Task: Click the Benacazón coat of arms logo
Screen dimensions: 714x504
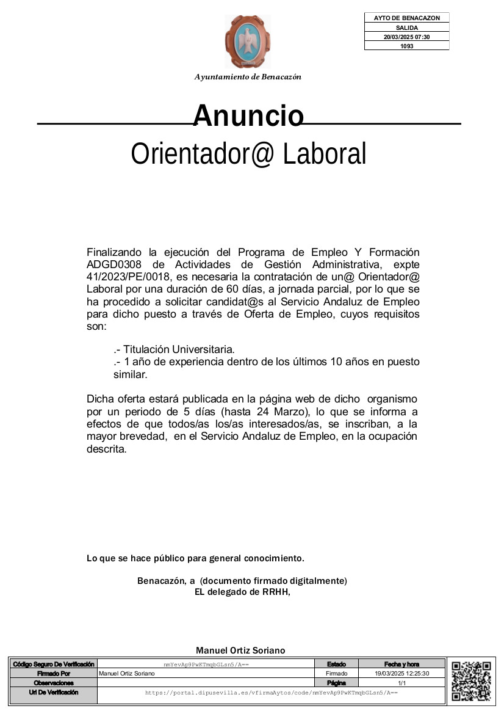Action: pos(247,42)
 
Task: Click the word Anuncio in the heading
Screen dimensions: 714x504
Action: pos(248,115)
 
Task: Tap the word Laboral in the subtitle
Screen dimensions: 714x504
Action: pos(325,154)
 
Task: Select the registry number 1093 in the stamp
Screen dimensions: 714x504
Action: pos(407,46)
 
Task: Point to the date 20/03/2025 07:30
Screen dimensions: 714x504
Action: pos(407,37)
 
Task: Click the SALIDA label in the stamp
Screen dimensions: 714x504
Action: pos(407,27)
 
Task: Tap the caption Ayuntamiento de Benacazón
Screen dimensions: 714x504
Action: pos(248,77)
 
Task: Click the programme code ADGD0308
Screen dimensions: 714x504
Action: pos(115,264)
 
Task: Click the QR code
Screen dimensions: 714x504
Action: pos(472,681)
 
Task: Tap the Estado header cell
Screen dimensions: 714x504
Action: pos(336,664)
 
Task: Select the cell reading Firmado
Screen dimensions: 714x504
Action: pos(336,673)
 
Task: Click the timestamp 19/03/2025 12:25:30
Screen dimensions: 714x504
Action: pos(401,673)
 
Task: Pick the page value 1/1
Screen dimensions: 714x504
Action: pos(401,683)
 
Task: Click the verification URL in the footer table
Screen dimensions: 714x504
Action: pos(272,693)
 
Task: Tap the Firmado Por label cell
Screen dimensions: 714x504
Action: pos(54,673)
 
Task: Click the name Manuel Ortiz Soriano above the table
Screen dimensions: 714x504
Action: pos(240,650)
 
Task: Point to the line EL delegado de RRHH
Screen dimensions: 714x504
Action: pos(242,592)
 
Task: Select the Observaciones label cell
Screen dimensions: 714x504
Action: pos(54,683)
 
